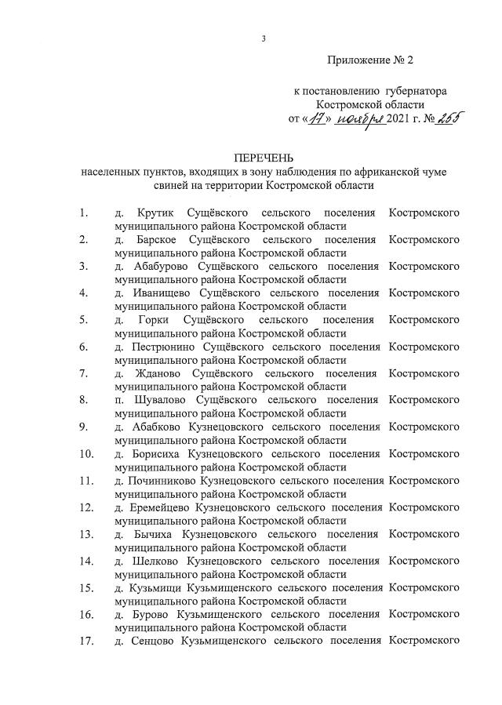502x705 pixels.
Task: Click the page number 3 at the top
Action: [x=264, y=39]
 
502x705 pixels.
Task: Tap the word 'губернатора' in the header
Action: [x=416, y=91]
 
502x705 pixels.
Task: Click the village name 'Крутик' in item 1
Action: [x=154, y=213]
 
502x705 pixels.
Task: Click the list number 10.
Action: [x=86, y=453]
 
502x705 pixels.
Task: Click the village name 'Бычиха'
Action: [x=154, y=534]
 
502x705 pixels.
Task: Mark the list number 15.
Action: [x=86, y=587]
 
